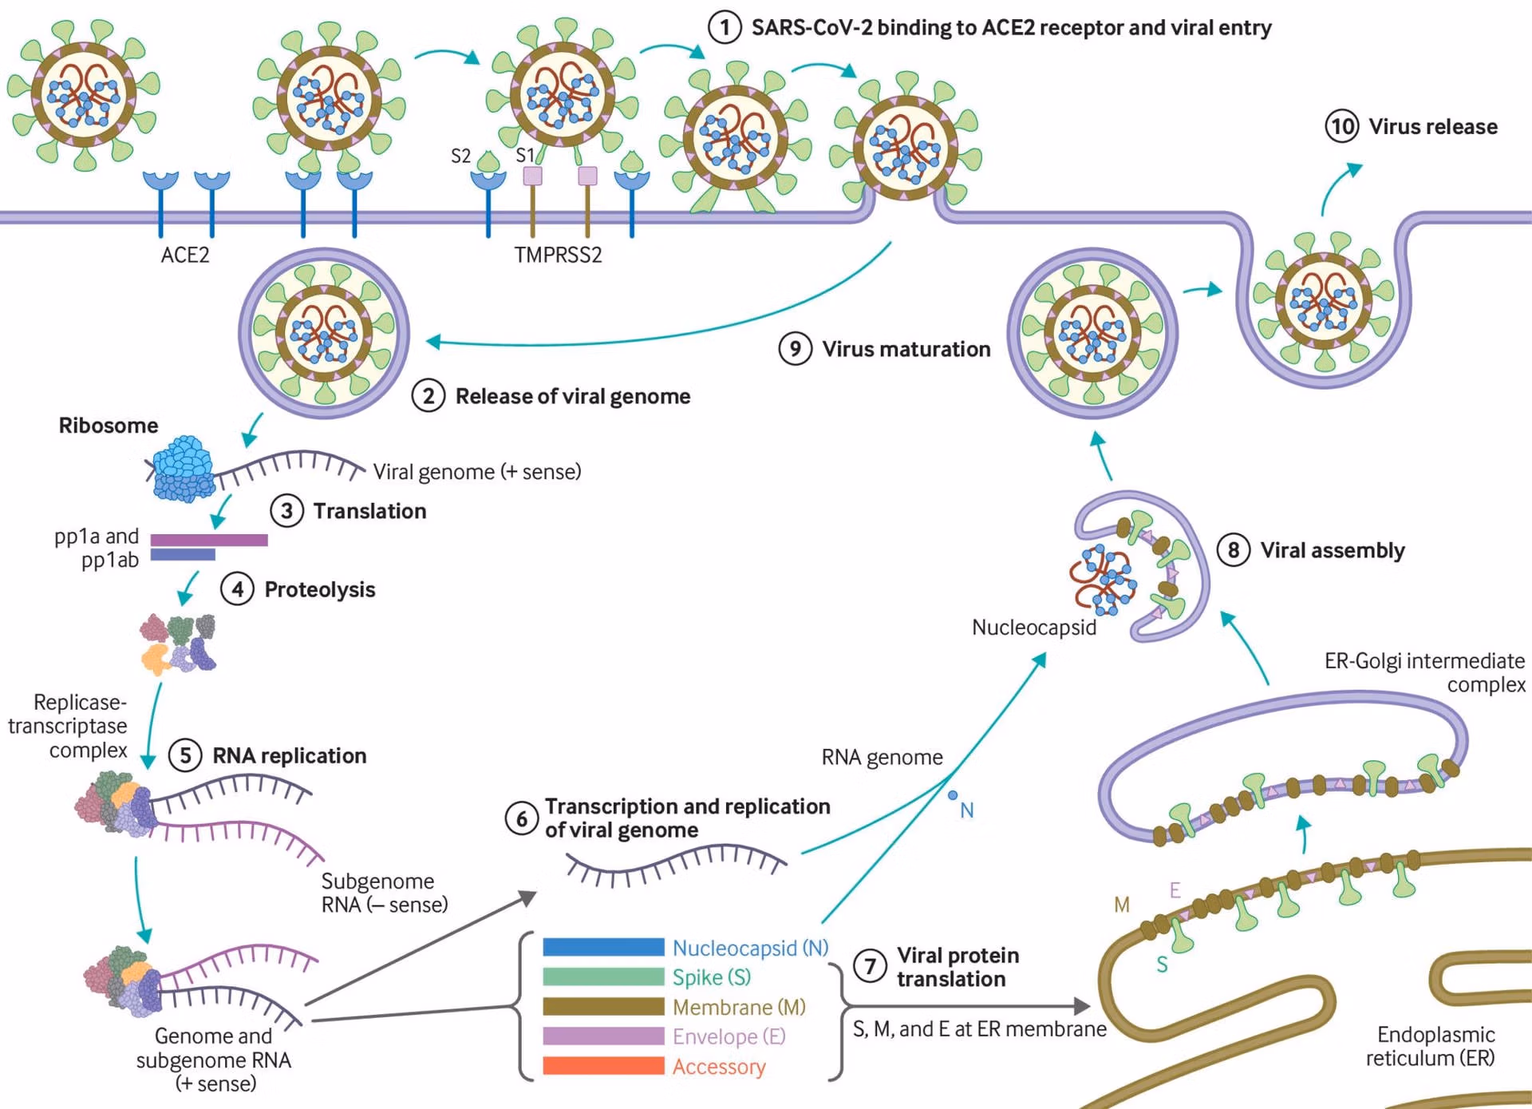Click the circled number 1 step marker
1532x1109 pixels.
pos(725,28)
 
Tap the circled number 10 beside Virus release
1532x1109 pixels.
pos(1342,126)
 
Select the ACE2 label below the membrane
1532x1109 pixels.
pos(185,255)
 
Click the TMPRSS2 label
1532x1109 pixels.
pos(558,255)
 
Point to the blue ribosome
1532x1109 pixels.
pos(184,469)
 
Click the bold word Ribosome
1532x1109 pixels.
pos(109,426)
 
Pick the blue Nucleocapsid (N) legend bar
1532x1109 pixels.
pos(603,947)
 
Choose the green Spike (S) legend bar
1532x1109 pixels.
pos(603,976)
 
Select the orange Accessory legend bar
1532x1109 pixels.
pos(603,1066)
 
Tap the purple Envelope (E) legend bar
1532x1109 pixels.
pos(603,1036)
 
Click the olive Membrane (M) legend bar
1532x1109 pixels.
pos(603,1006)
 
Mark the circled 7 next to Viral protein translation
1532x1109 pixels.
pos(870,966)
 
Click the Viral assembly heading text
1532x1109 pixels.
pos(1333,550)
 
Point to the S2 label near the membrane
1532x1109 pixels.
pos(461,156)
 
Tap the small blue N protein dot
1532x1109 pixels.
pos(953,795)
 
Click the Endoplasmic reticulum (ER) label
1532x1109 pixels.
pos(1433,1046)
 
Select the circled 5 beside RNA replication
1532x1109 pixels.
pos(185,755)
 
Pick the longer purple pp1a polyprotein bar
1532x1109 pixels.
pos(209,540)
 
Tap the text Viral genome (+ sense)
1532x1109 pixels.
pos(477,472)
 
